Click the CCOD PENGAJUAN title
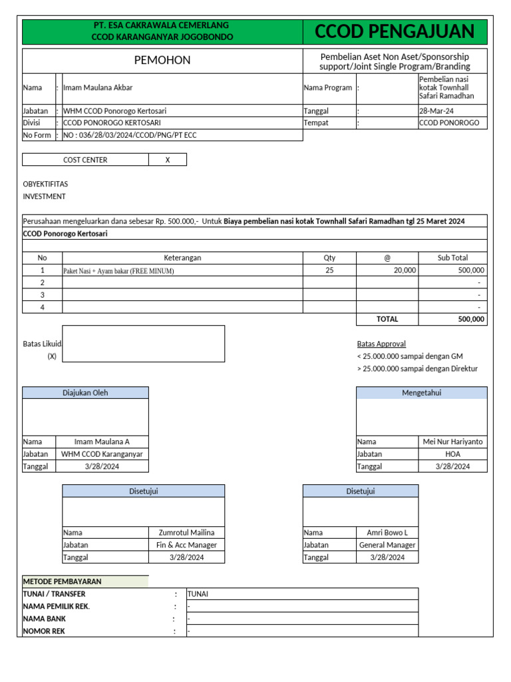point(395,31)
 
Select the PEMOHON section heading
point(162,61)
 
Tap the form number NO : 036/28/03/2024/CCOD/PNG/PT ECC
point(130,135)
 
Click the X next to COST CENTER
point(167,160)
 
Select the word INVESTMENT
point(44,196)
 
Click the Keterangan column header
point(182,258)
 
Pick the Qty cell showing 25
point(329,270)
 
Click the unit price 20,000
point(405,270)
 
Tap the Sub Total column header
point(452,258)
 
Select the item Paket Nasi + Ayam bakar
point(118,271)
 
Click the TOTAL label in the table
point(387,319)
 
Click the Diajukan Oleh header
point(85,393)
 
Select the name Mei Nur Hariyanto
point(452,442)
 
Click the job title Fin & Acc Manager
point(186,545)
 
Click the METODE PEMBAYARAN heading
point(63,581)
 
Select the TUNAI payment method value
point(198,594)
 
